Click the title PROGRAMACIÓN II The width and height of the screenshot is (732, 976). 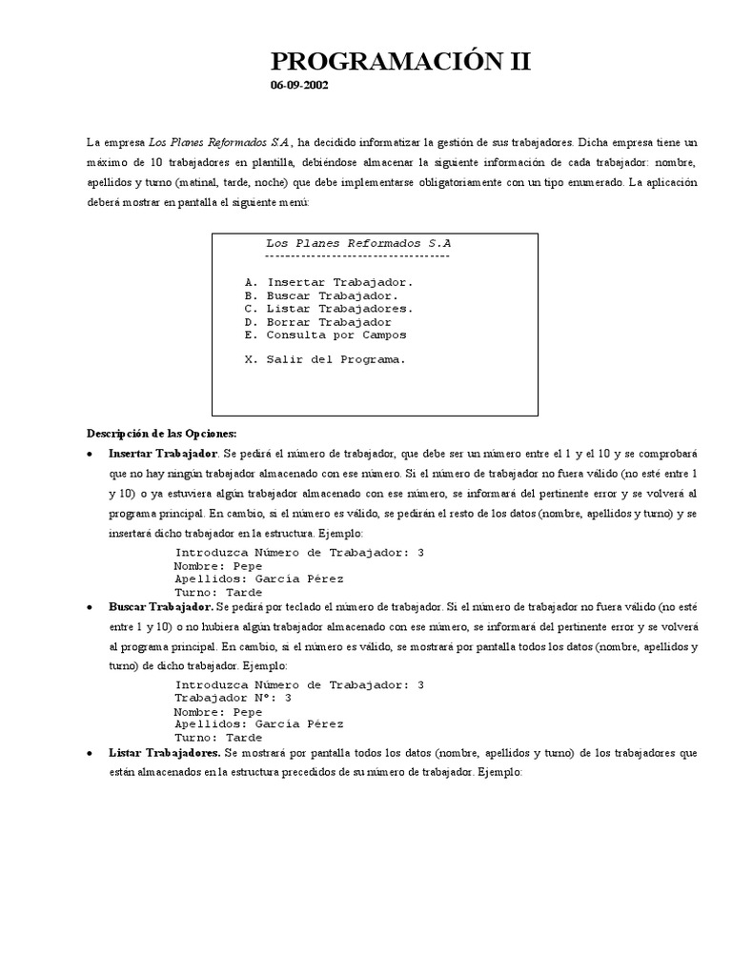click(x=400, y=63)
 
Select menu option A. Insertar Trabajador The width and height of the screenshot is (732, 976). click(x=328, y=282)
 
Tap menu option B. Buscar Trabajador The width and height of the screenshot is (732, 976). click(x=320, y=295)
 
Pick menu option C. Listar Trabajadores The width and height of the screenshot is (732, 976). click(x=328, y=309)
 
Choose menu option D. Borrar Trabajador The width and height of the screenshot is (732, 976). click(x=317, y=322)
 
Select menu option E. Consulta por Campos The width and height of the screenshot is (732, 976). click(x=325, y=335)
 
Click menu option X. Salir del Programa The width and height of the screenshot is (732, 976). click(x=325, y=360)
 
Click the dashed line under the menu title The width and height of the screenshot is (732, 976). click(x=357, y=256)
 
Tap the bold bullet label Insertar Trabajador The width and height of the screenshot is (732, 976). click(x=163, y=453)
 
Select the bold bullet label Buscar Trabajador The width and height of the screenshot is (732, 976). click(x=160, y=606)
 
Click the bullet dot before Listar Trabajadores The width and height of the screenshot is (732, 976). click(x=90, y=753)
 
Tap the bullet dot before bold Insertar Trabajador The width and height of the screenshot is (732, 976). click(x=90, y=453)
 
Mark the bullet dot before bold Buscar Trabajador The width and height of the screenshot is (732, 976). click(x=90, y=606)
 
